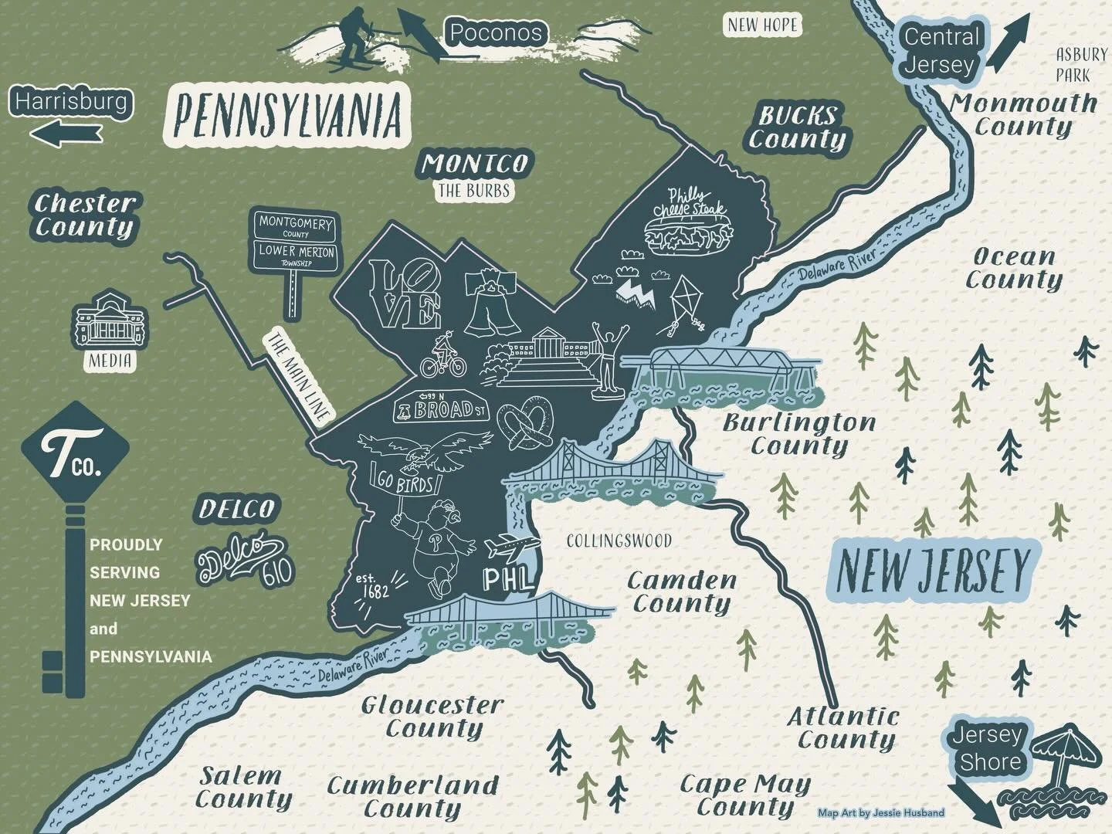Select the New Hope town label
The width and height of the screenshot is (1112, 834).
[761, 25]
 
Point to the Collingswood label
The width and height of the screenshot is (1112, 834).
[619, 541]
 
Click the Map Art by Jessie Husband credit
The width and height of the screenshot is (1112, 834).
[880, 812]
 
